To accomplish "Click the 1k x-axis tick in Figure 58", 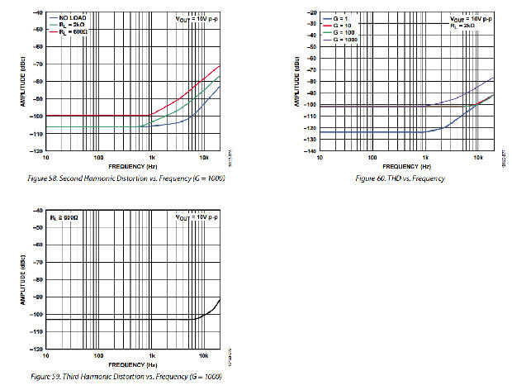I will [x=151, y=157].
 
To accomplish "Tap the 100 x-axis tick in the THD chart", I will [x=372, y=157].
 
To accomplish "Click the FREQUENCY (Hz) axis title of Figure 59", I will [x=134, y=364].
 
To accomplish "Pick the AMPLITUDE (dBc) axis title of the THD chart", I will [x=294, y=81].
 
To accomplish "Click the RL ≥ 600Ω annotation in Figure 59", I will [x=64, y=216].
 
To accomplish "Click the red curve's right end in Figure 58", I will [x=220, y=65].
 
